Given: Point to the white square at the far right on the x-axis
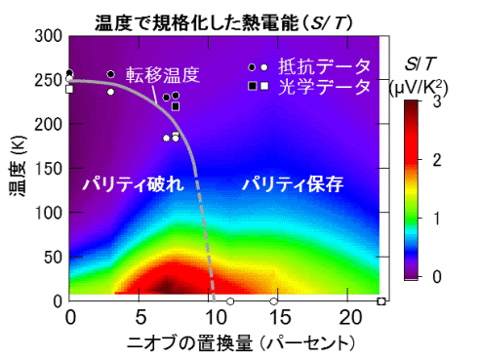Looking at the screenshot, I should (x=381, y=301).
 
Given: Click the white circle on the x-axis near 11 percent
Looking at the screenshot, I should (x=230, y=301).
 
